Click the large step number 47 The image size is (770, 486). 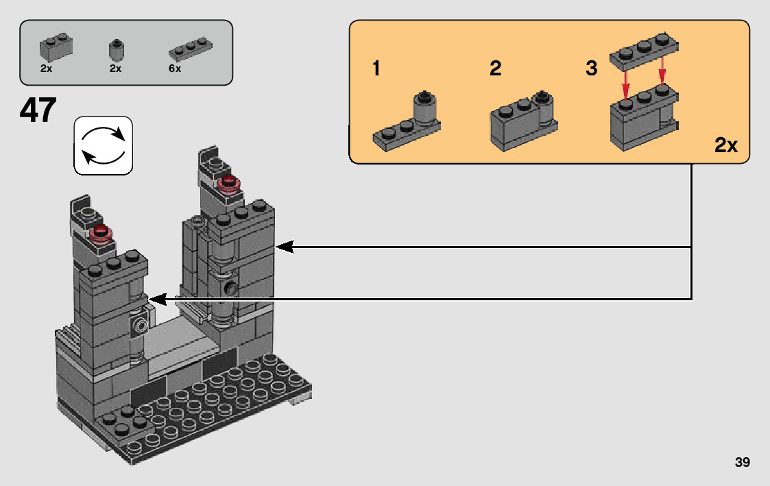38,111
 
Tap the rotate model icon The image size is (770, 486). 103,145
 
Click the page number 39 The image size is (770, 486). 742,463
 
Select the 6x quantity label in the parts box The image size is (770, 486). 175,69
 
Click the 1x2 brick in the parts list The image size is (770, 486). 56,47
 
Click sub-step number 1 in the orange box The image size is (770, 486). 376,69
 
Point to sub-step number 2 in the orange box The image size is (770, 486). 495,69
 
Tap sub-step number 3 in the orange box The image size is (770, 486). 592,69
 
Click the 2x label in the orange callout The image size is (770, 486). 725,145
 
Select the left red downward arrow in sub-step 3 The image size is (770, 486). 626,86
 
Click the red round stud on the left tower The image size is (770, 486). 102,234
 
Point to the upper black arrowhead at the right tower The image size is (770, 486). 283,246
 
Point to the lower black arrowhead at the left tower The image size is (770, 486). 157,299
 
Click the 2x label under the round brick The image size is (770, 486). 115,69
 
